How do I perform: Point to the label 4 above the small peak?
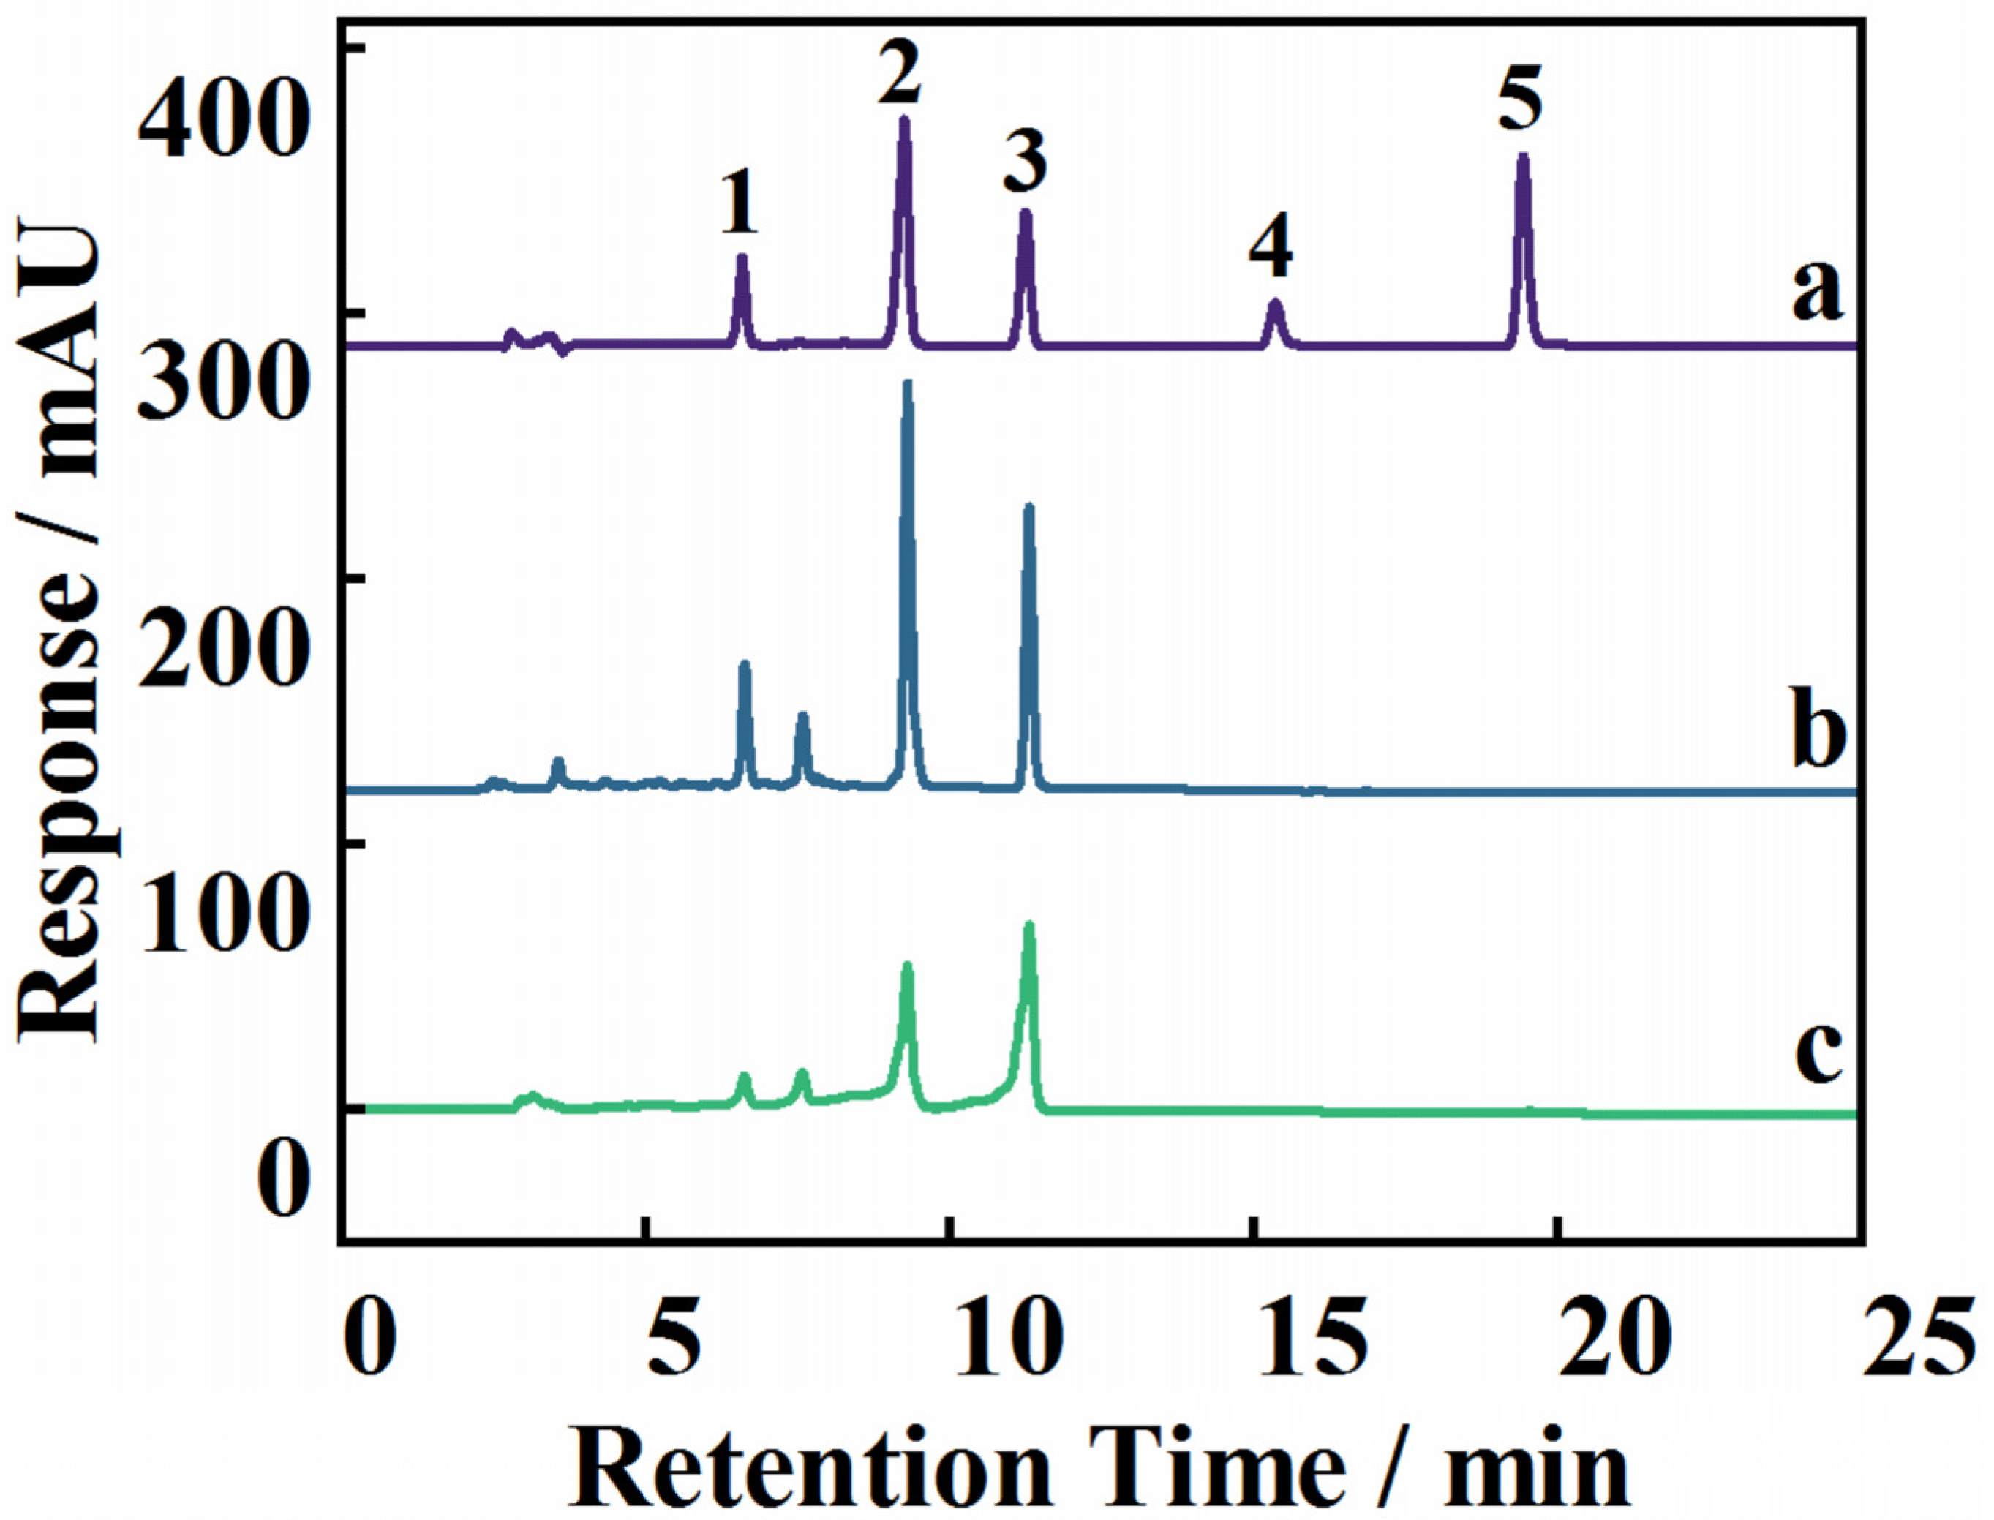[x=1271, y=249]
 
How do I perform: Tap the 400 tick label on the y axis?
[x=218, y=118]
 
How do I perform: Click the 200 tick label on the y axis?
[x=218, y=650]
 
